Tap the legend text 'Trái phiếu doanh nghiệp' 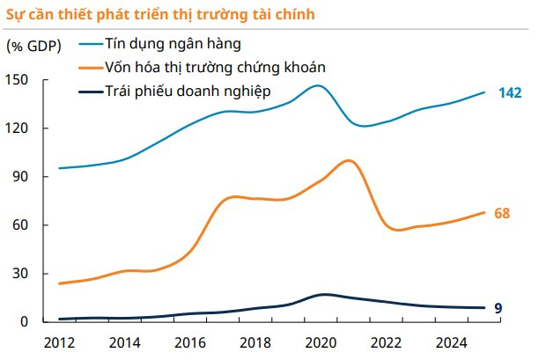pyautogui.click(x=186, y=91)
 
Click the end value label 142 pyautogui.click(x=512, y=92)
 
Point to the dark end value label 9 pyautogui.click(x=498, y=308)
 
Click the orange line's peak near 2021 pyautogui.click(x=350, y=160)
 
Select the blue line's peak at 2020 pyautogui.click(x=318, y=85)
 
